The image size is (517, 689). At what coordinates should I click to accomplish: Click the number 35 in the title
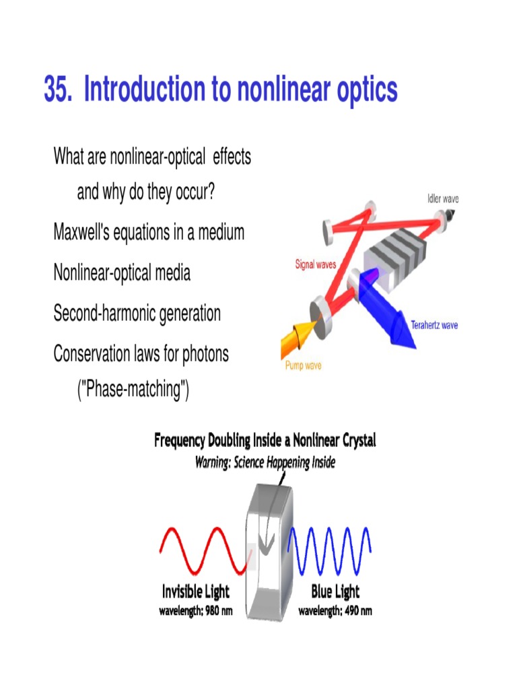coord(57,90)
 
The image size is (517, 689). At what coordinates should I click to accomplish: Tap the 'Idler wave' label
coord(443,198)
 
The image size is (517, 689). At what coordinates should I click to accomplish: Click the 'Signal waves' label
coord(316,264)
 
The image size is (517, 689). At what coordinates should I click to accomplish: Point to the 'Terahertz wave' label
coord(434,325)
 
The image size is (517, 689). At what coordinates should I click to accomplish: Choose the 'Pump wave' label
coord(304,366)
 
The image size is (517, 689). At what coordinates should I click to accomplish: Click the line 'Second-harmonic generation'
coord(137,314)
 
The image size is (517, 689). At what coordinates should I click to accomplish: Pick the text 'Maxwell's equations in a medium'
coord(149,233)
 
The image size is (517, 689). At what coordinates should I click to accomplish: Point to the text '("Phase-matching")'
coord(133,390)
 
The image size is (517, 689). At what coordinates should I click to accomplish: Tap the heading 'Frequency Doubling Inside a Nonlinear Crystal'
coord(265,441)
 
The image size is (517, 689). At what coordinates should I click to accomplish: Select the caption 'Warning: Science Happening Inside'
coord(265,463)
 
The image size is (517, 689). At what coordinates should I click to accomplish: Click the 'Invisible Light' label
coord(195,592)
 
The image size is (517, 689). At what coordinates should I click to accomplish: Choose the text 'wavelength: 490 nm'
coord(335,612)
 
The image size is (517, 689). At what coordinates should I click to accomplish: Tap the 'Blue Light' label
coord(335,592)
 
